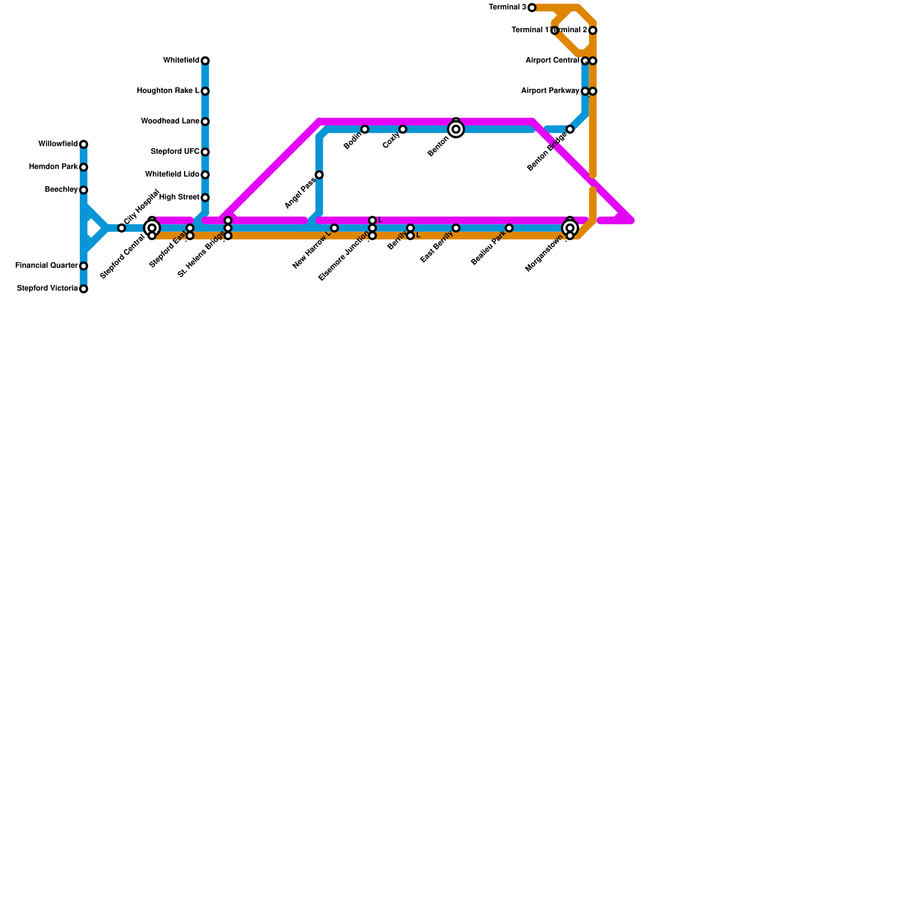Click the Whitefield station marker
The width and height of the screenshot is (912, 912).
point(205,61)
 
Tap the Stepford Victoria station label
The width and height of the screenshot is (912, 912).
point(47,288)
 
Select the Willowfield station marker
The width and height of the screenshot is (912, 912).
point(84,144)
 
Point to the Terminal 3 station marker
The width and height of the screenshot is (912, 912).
point(532,7)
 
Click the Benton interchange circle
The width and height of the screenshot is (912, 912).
point(456,129)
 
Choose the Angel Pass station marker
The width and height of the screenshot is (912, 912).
point(319,175)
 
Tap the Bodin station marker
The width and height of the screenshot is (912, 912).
point(365,129)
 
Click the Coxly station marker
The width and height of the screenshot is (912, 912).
point(403,129)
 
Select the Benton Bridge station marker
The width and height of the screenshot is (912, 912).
point(570,129)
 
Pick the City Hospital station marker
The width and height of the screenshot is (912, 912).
point(121,228)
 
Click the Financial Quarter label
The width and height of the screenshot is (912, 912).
point(47,266)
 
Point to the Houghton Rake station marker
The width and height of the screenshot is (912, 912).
point(205,91)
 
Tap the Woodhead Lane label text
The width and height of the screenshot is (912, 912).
point(170,121)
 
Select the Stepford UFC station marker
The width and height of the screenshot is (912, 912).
point(205,152)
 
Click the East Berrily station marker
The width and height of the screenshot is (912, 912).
point(456,228)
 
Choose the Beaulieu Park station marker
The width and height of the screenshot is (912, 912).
point(509,228)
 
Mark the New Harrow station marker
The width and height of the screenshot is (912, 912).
point(335,228)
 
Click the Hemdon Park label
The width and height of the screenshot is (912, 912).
point(53,167)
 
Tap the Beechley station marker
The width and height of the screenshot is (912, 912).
point(84,190)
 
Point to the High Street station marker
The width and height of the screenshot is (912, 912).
point(205,198)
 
